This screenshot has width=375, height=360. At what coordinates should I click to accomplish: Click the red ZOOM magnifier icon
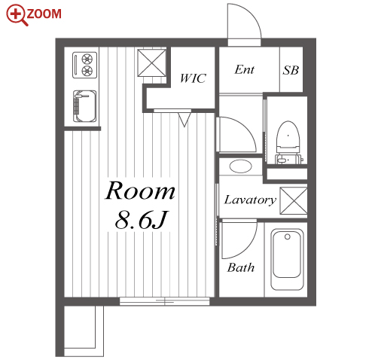(x=17, y=15)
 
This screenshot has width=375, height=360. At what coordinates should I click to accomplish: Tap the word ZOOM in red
(x=44, y=14)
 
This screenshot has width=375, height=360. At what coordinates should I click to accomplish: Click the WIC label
(x=193, y=78)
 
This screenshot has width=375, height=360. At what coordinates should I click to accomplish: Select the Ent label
(x=245, y=69)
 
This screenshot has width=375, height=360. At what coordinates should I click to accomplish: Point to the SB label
(x=291, y=70)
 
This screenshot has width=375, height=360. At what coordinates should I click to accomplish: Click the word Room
(x=140, y=191)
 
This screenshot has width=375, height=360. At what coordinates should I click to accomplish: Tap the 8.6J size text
(x=141, y=220)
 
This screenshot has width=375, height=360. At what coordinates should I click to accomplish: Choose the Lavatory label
(x=250, y=200)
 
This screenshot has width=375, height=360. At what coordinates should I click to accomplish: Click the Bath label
(x=241, y=267)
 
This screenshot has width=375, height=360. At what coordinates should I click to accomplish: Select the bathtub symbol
(x=287, y=259)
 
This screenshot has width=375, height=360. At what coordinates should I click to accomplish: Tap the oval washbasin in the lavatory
(x=240, y=166)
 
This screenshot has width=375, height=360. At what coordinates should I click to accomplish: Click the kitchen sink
(x=84, y=106)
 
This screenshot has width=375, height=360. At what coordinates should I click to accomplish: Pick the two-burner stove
(x=84, y=65)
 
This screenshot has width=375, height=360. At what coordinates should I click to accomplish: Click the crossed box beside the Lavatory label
(x=294, y=201)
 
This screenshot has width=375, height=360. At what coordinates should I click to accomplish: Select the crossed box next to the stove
(x=151, y=63)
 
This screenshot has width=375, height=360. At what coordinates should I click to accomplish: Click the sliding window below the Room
(x=164, y=301)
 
